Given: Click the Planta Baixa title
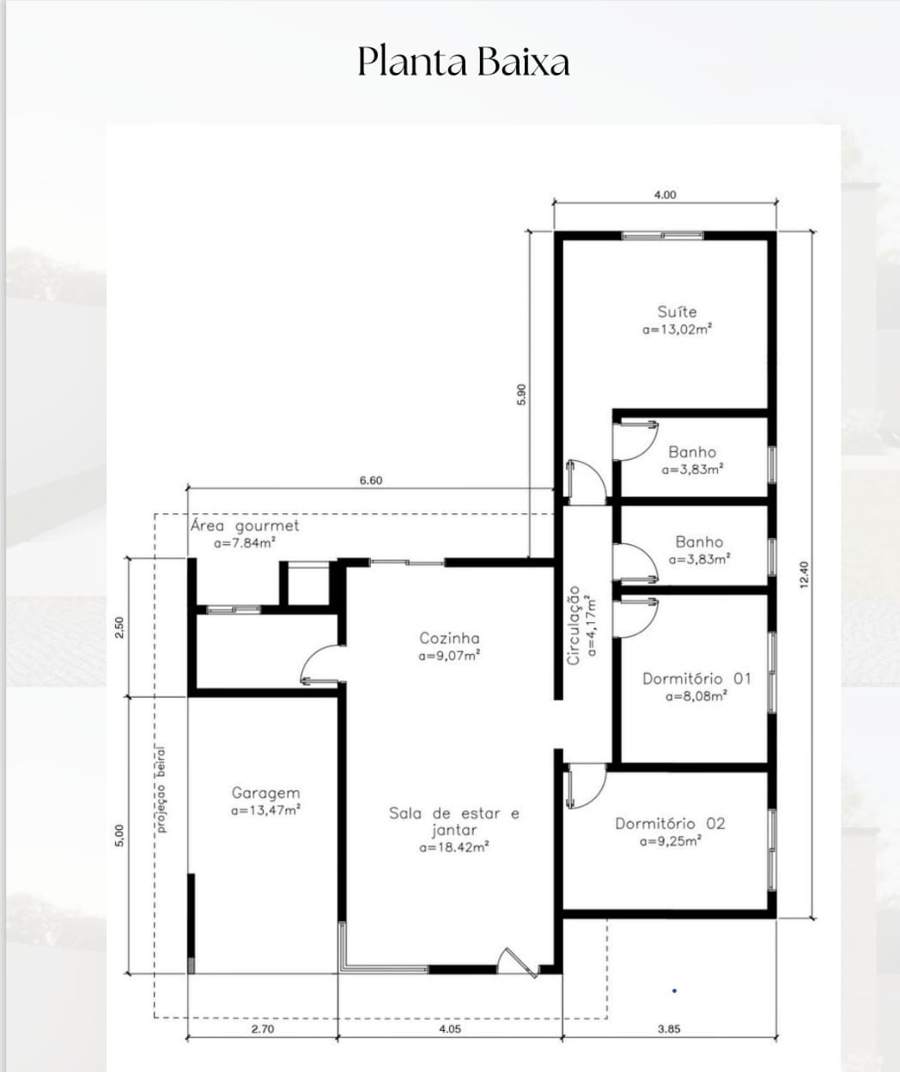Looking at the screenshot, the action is click(x=464, y=62).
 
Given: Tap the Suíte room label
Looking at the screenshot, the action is click(x=677, y=312).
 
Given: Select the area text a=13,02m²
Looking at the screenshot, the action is click(x=677, y=329).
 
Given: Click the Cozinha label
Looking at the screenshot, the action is click(x=449, y=639).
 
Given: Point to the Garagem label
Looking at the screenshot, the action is click(x=265, y=793).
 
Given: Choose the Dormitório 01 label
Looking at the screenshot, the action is click(x=696, y=679).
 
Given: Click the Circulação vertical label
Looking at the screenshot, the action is click(x=574, y=626).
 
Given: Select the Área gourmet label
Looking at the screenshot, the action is click(x=245, y=526).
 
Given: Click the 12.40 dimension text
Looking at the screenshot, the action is click(x=805, y=575).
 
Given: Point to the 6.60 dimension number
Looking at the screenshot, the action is click(x=371, y=480).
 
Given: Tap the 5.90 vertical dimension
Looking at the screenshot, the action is click(x=521, y=394).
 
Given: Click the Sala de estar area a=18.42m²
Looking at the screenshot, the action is click(x=454, y=847).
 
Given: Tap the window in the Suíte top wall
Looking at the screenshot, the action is click(x=662, y=236).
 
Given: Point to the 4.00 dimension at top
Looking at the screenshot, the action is click(x=666, y=195).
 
